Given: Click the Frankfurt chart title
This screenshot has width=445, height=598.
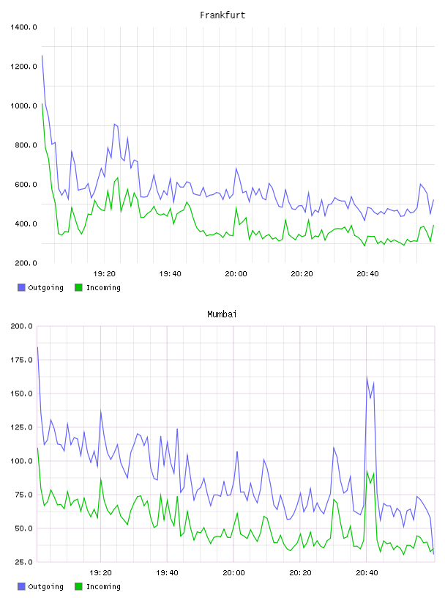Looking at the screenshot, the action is coord(222,15).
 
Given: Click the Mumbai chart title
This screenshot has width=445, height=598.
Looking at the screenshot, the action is coord(222,314).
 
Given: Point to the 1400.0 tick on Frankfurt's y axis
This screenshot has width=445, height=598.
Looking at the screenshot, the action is coord(23,27).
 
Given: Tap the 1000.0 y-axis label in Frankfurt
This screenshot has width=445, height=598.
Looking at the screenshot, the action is coord(23,106).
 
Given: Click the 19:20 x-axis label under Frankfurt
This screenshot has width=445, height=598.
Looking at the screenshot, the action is coord(104,274).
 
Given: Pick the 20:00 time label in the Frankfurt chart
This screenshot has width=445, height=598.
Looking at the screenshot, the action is coord(236,274).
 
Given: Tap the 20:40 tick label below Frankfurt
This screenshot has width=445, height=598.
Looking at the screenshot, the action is coord(367,274).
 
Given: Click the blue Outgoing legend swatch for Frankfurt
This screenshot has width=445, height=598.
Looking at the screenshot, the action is coord(21,287).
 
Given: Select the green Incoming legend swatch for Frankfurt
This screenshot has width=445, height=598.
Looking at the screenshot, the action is coord(78,287).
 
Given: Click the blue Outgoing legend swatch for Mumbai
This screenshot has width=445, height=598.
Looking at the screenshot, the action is coord(21,586).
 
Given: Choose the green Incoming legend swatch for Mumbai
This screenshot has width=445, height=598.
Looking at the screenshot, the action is coord(78,586).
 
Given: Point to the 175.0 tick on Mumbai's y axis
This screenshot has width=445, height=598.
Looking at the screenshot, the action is coord(22,360).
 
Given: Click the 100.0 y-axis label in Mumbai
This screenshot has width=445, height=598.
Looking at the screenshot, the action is coord(22,461).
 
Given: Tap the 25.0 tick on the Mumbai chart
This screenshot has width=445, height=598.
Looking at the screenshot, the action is coord(23,562).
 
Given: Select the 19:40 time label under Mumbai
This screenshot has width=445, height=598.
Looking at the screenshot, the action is coord(167,573).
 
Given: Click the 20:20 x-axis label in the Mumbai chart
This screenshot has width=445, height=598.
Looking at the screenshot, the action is coord(300,573).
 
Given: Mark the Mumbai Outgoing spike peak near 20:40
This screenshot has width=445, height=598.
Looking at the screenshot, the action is coord(367,377).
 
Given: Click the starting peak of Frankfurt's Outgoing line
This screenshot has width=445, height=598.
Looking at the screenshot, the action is coord(42,56).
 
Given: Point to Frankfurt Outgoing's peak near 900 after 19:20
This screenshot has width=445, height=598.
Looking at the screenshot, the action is coord(114,124).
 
